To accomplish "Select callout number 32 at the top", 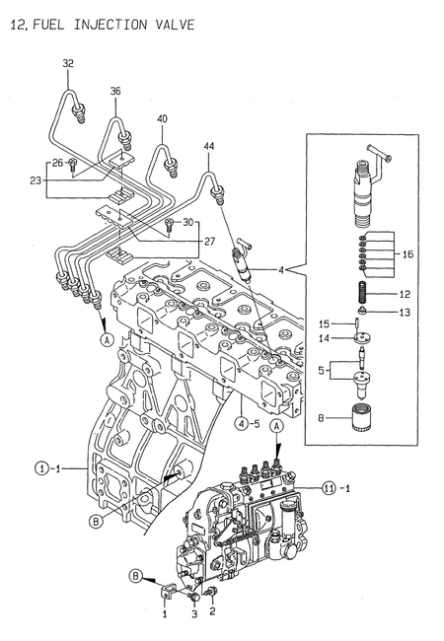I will point(68,64).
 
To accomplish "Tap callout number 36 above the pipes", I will point(115,92).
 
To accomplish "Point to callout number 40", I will point(162,119).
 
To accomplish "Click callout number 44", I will point(209,147).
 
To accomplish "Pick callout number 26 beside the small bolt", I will point(57,163).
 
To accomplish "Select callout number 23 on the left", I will point(36,180).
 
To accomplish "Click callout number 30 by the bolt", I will point(188,222).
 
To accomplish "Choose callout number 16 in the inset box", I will point(407,253).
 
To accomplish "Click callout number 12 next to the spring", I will point(404,293).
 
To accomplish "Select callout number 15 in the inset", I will point(325,322).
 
